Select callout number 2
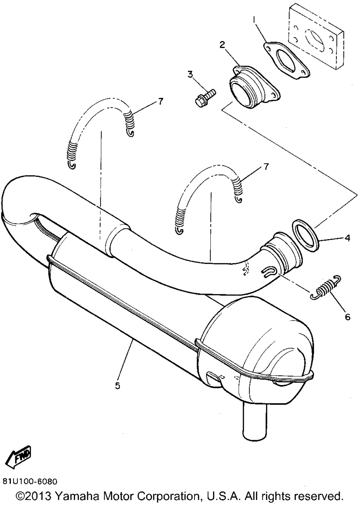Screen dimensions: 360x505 [x=222, y=45]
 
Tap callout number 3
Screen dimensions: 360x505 [x=190, y=75]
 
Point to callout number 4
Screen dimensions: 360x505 [x=347, y=238]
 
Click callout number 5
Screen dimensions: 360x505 [x=117, y=385]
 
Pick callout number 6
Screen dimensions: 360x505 [x=347, y=317]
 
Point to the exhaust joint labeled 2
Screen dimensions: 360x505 [x=252, y=84]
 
